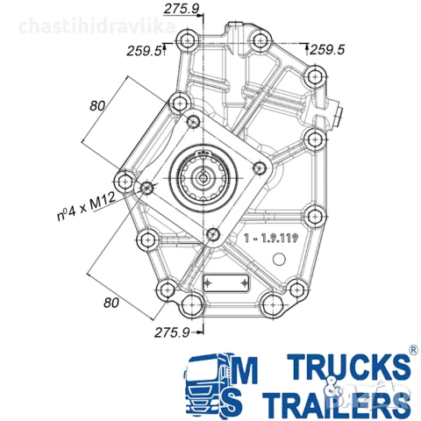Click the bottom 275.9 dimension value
click(173, 332)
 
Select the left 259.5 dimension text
click(144, 52)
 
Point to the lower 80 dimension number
click(111, 303)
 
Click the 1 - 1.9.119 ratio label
click(273, 237)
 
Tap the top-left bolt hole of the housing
click(186, 41)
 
